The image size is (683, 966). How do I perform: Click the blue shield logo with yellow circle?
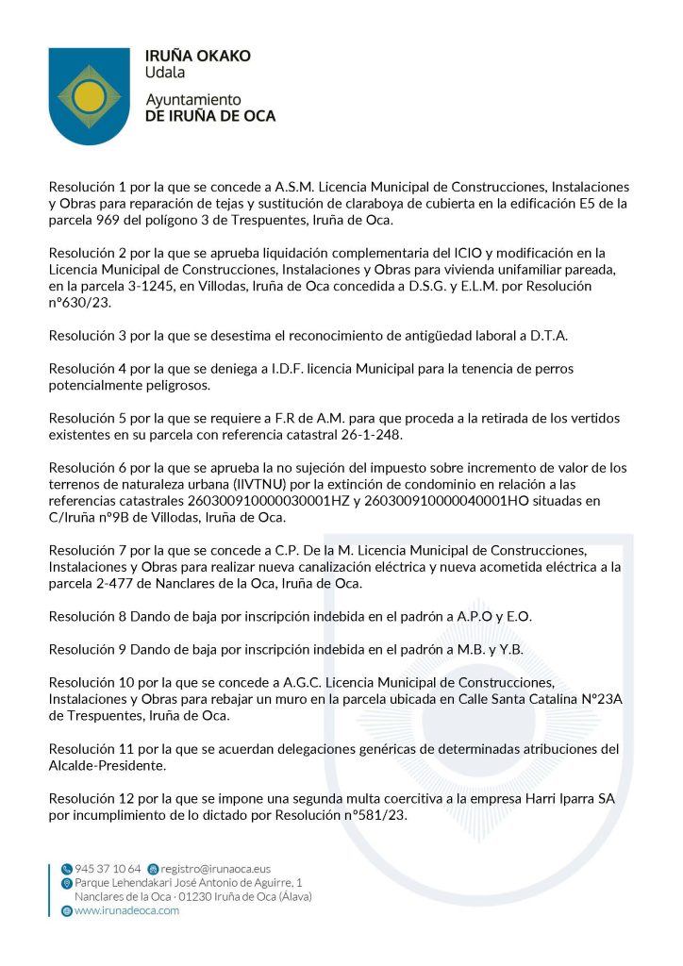[89, 95]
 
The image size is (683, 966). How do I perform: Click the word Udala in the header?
[165, 73]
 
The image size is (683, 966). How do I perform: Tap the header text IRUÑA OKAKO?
[197, 56]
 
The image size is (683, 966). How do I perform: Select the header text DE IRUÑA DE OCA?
[209, 116]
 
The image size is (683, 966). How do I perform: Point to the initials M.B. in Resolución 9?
[461, 650]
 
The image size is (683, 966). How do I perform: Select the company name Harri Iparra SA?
[562, 799]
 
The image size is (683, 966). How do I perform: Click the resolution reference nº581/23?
[372, 815]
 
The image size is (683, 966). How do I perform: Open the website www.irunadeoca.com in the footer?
[125, 910]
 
